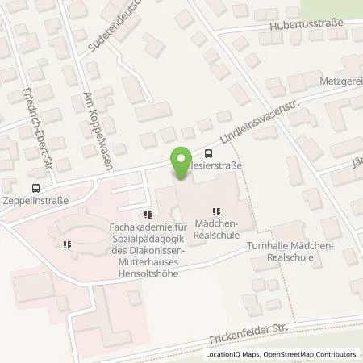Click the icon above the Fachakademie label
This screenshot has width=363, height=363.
tap(146, 215)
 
